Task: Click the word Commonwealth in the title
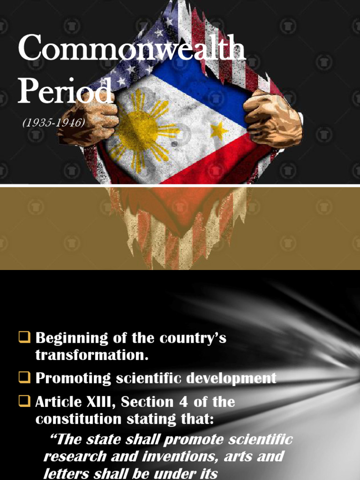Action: [132, 48]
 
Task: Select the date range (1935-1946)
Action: [53, 123]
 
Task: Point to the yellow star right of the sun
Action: [219, 131]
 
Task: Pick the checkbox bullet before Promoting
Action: [24, 377]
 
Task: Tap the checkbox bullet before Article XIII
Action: [24, 401]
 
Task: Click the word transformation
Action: [92, 355]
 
